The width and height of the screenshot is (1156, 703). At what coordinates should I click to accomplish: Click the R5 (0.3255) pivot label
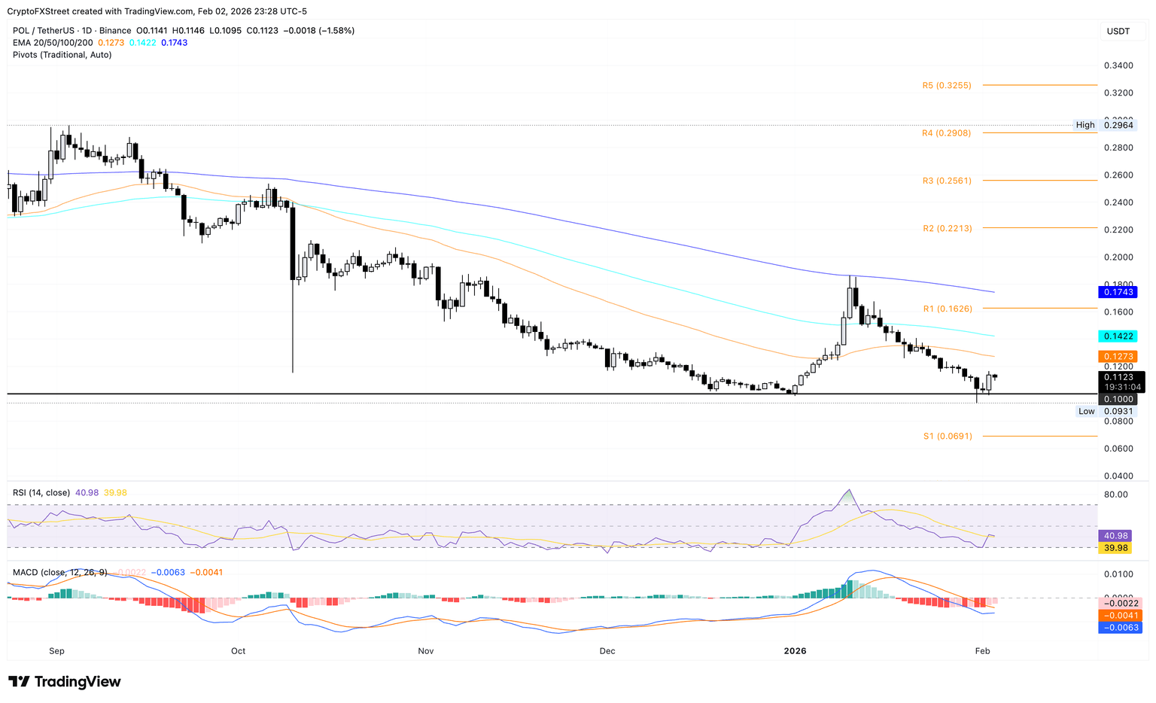946,86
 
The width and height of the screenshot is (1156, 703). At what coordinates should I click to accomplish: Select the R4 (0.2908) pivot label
946,133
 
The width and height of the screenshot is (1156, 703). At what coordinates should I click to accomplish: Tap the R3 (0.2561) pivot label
946,181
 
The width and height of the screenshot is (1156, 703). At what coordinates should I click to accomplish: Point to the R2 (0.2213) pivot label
947,228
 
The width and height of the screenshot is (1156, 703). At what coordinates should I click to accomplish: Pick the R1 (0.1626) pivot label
947,309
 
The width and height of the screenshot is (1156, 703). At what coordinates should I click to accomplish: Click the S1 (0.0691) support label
947,437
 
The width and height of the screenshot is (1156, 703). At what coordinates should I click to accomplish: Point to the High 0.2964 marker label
1104,125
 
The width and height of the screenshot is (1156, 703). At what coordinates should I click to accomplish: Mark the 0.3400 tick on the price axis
1118,66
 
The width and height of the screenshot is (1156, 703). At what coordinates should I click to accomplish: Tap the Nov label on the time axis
425,651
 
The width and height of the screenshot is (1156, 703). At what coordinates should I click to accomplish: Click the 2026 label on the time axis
795,651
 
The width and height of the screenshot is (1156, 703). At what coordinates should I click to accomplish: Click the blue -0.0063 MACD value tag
1120,627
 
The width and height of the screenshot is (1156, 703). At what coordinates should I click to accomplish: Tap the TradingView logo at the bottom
65,682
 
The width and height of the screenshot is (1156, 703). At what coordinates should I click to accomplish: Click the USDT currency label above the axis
1118,31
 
